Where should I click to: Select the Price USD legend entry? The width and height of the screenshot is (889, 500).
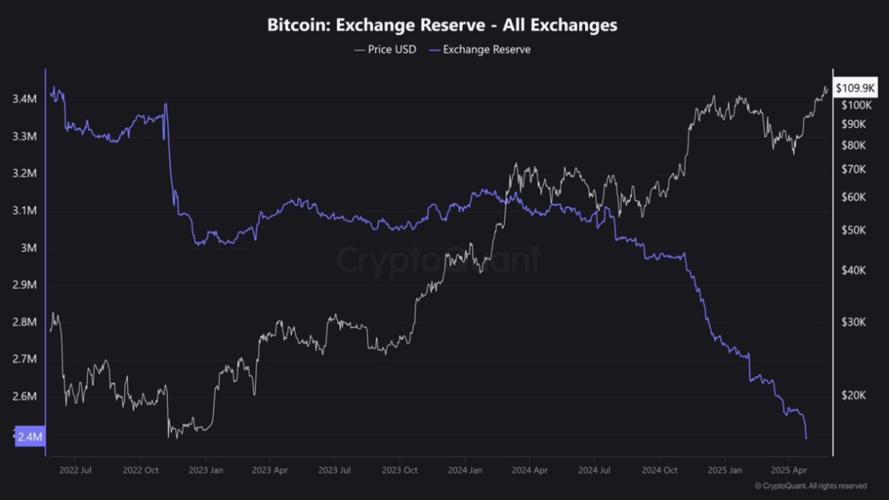tap(385, 49)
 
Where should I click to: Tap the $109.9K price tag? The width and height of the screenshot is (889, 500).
tap(855, 88)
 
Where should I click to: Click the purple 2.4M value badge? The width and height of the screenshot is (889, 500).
tap(30, 436)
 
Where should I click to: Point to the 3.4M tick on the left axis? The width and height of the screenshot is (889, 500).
tap(24, 99)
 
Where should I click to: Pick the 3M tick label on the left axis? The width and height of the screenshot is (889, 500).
tap(28, 248)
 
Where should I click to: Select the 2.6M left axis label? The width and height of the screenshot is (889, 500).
tap(24, 396)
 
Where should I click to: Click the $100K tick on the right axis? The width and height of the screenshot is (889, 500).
tap(856, 105)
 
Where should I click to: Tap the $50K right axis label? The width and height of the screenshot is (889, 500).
tap(853, 230)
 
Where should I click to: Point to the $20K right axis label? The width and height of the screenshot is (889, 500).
tap(853, 395)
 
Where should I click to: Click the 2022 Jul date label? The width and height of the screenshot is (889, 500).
tap(75, 470)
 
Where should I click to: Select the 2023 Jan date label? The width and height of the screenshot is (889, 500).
tap(205, 470)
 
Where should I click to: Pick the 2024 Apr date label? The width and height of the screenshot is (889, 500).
tap(529, 470)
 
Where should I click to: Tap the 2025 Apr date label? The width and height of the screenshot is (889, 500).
tap(788, 470)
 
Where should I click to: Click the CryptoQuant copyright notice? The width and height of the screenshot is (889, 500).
tap(811, 486)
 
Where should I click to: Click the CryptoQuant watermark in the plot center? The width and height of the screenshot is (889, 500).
tap(439, 259)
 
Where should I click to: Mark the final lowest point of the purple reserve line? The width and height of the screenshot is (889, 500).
tap(806, 439)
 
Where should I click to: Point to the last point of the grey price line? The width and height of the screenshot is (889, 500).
tap(828, 89)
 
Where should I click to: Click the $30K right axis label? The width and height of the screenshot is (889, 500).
tap(853, 322)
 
